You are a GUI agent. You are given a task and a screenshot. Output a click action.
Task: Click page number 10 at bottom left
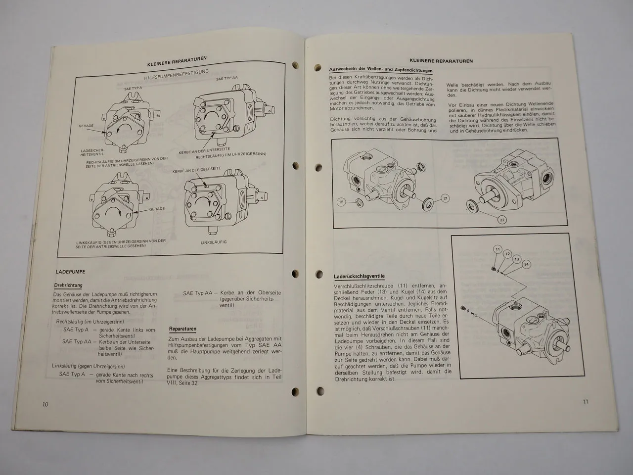[x=45, y=404]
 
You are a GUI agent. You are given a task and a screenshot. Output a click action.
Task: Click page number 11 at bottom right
[x=585, y=401]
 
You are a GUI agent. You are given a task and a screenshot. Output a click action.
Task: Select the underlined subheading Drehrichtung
[x=68, y=285]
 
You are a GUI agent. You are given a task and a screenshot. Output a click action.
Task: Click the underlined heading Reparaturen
[x=182, y=329]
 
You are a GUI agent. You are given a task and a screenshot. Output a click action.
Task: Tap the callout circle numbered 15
[x=341, y=202]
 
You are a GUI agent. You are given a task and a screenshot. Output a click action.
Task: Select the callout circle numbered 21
[x=445, y=198]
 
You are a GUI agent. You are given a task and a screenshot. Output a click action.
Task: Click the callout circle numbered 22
[x=501, y=220]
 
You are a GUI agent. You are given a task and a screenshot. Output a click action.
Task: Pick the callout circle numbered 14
[x=526, y=265]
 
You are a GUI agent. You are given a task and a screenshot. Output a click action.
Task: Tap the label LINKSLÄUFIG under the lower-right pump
[x=214, y=242]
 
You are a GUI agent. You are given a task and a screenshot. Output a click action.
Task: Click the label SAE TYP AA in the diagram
[x=226, y=78]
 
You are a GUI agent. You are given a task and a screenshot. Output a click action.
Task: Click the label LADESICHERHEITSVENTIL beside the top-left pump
[x=90, y=151]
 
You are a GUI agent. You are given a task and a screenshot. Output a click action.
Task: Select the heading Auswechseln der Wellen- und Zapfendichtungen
[x=380, y=70]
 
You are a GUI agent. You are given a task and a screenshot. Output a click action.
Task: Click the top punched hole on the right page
[x=296, y=64]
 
